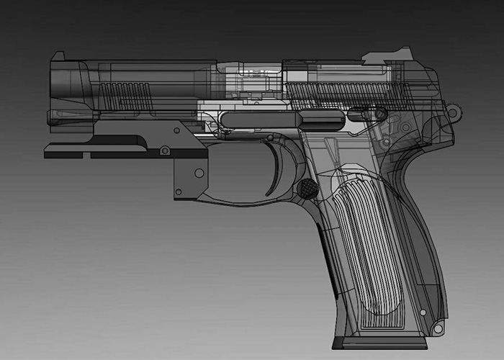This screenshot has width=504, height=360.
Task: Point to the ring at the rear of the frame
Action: [454, 112]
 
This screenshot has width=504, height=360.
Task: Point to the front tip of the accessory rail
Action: [48, 153]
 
